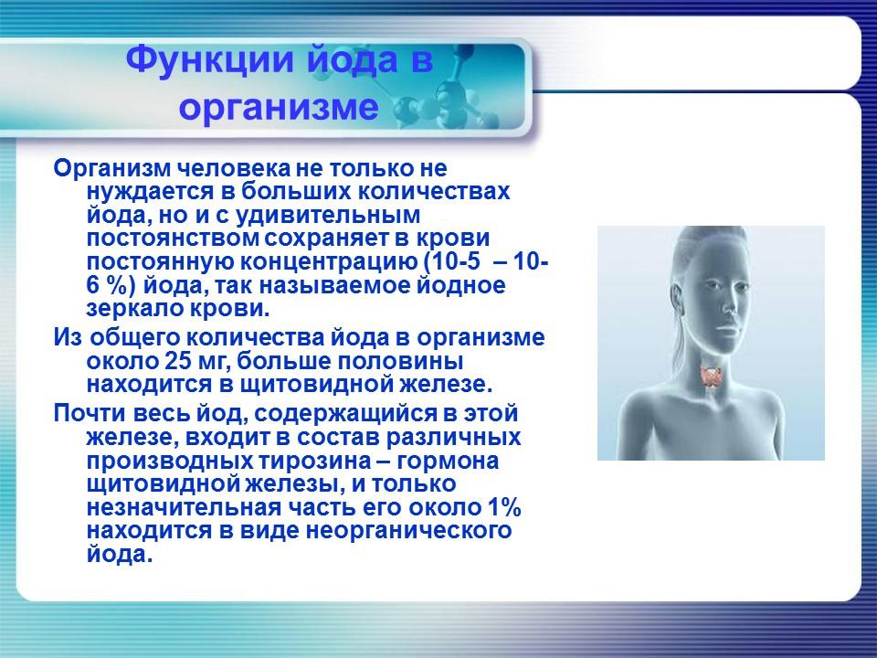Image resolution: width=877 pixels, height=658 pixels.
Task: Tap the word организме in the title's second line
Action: [x=279, y=108]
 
